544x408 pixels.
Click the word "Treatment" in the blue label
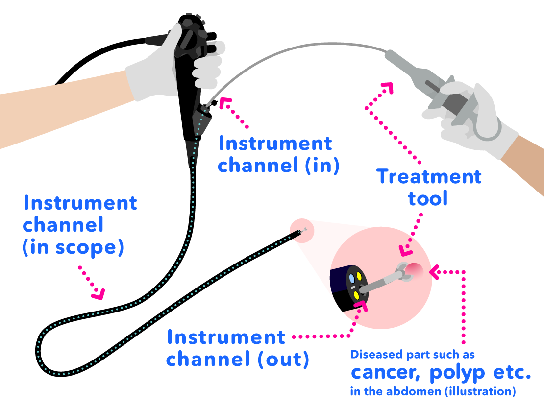coord(429,177)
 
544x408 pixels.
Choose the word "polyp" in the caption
coord(459,373)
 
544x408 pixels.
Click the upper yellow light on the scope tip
coord(359,276)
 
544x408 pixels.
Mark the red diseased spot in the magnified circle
coord(415,269)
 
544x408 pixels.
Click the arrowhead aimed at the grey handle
coord(388,88)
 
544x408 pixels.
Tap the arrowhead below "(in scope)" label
coord(99,294)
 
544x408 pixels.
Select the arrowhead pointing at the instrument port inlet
coord(225,103)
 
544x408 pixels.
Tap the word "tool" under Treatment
coord(428,198)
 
